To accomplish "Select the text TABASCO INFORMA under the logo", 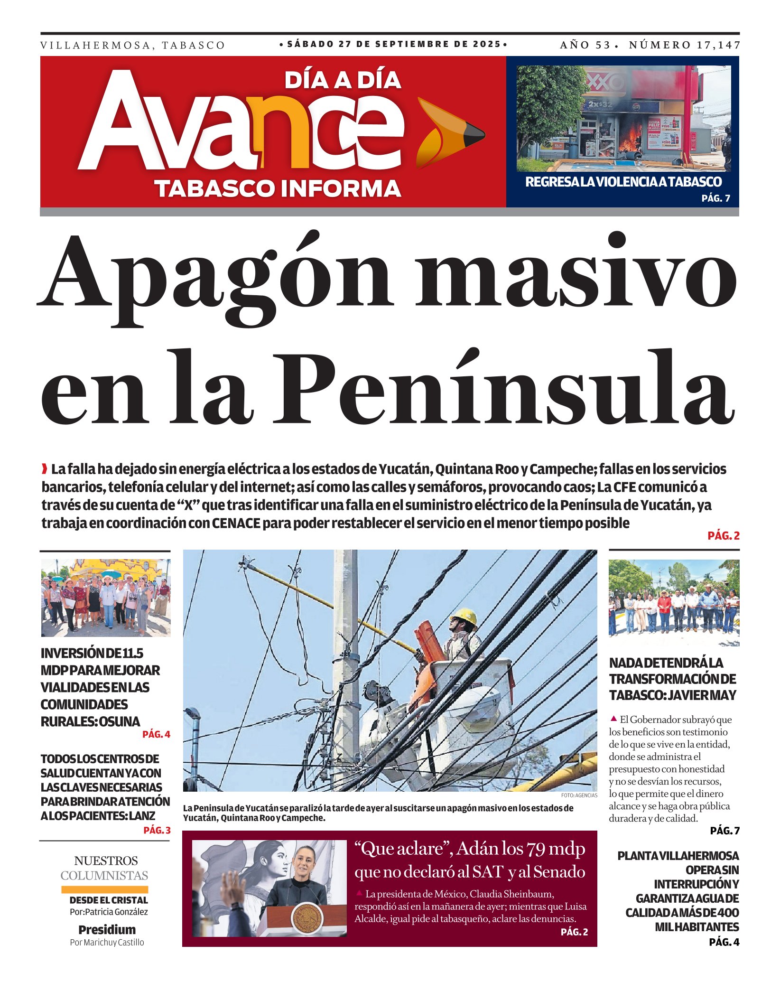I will pyautogui.click(x=278, y=188).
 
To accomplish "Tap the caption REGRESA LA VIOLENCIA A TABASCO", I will pyautogui.click(x=623, y=182).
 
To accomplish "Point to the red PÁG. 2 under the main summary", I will pyautogui.click(x=723, y=536).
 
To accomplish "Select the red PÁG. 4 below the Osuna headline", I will pyautogui.click(x=156, y=734).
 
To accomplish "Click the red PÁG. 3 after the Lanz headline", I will pyautogui.click(x=157, y=830).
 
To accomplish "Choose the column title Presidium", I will pyautogui.click(x=107, y=929).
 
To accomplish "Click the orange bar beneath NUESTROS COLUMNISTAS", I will pyautogui.click(x=104, y=889).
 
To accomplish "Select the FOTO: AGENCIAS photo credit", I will pyautogui.click(x=579, y=795).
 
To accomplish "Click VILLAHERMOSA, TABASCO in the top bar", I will pyautogui.click(x=132, y=46).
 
